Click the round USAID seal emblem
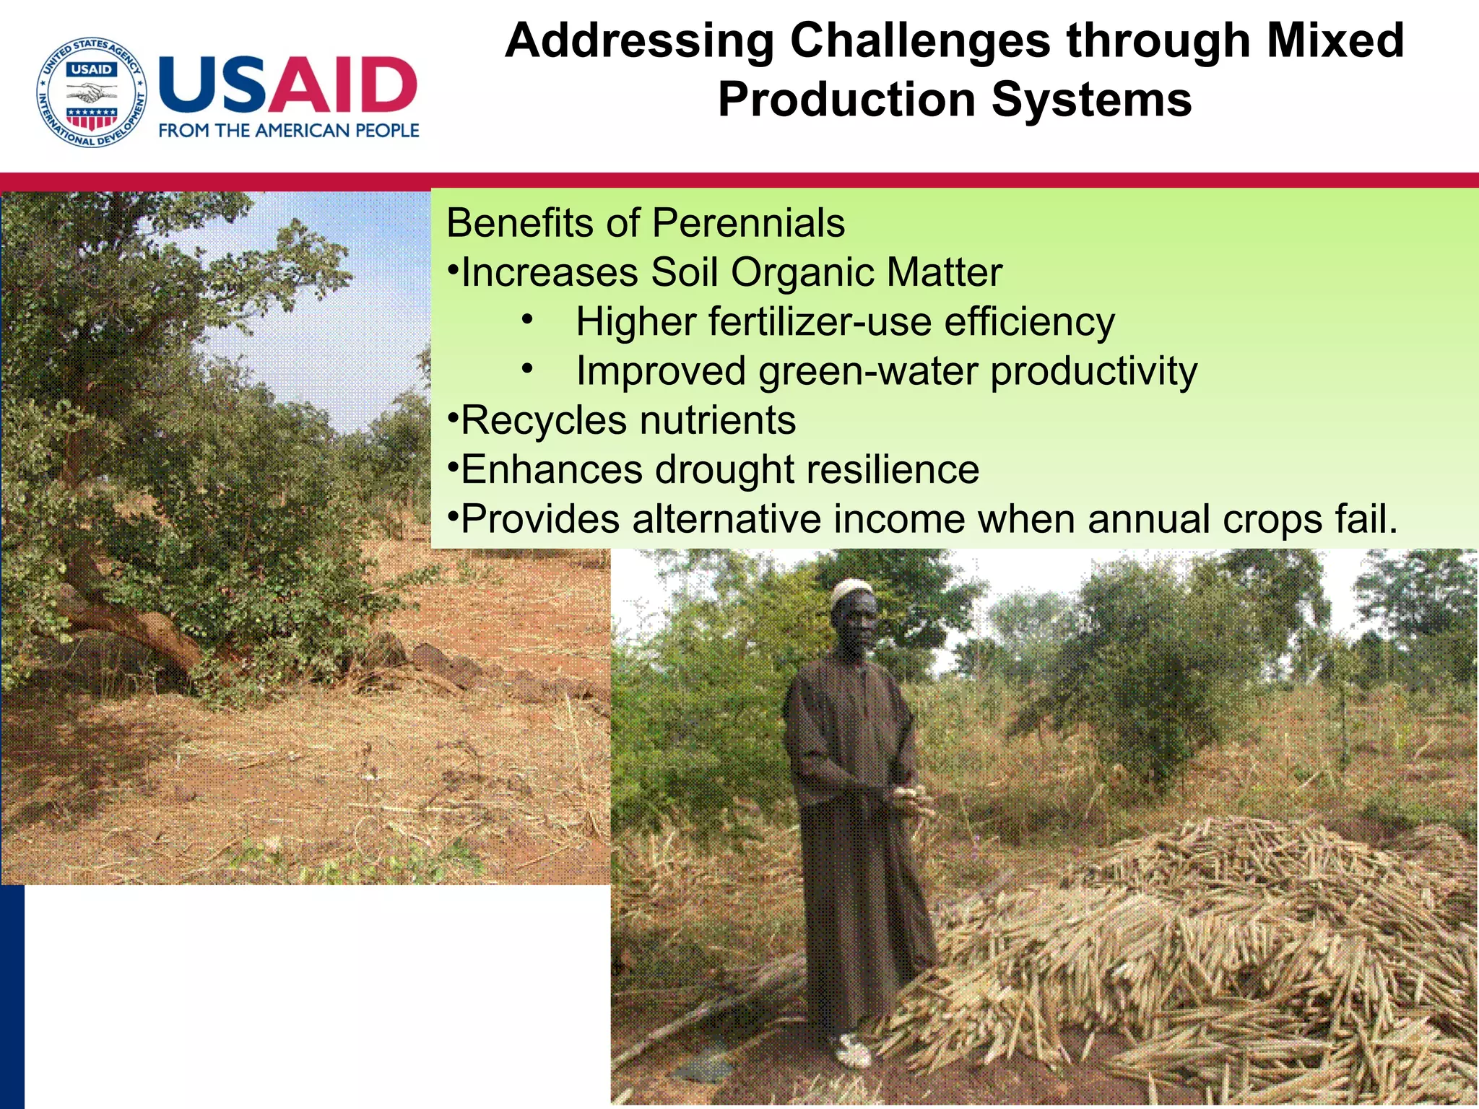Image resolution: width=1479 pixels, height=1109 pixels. tap(92, 92)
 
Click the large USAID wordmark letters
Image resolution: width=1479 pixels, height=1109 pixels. tap(287, 85)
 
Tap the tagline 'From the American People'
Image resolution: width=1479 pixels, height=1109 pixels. tap(289, 131)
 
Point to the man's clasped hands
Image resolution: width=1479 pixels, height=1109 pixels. tap(911, 796)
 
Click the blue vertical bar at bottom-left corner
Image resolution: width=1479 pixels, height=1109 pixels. tap(12, 996)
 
